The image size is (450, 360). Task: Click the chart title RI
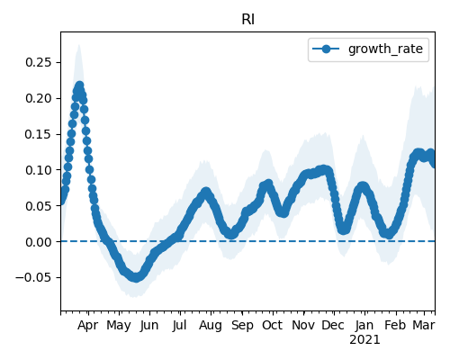pyautogui.click(x=248, y=20)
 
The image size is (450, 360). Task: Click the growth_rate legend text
pyautogui.click(x=385, y=49)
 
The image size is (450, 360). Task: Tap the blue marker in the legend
pyautogui.click(x=326, y=49)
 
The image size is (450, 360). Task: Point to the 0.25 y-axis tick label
pyautogui.click(x=38, y=62)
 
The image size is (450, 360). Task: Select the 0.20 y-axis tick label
pyautogui.click(x=38, y=98)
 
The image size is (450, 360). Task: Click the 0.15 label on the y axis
pyautogui.click(x=38, y=134)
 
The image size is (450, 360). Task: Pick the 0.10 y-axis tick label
pyautogui.click(x=38, y=170)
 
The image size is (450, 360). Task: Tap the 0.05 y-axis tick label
pyautogui.click(x=38, y=206)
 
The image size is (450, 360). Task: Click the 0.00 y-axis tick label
pyautogui.click(x=38, y=241)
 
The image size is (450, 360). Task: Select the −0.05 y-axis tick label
pyautogui.click(x=33, y=277)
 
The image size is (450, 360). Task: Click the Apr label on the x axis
pyautogui.click(x=87, y=325)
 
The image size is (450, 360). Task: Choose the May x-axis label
pyautogui.click(x=119, y=326)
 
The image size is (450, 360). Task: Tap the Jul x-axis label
pyautogui.click(x=180, y=325)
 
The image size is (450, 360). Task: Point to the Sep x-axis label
pyautogui.click(x=242, y=326)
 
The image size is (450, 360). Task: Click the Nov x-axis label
pyautogui.click(x=303, y=325)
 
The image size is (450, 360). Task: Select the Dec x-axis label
pyautogui.click(x=333, y=325)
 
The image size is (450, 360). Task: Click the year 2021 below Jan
pyautogui.click(x=364, y=340)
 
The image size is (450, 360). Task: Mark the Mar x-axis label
pyautogui.click(x=424, y=325)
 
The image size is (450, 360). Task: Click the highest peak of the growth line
pyautogui.click(x=80, y=85)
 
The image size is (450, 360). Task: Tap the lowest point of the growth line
pyautogui.click(x=136, y=277)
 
